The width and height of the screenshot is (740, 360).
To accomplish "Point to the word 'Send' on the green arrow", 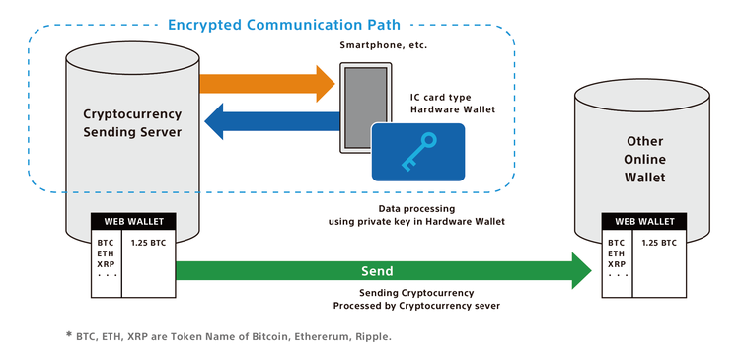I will coord(377,270).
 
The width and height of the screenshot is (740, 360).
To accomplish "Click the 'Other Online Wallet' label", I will coord(644,160).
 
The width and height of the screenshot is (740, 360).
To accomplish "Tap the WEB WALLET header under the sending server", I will coord(132,221).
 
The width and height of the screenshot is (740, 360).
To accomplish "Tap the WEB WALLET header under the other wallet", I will coord(644,221).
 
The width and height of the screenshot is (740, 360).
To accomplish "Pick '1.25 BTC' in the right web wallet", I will coord(658,241).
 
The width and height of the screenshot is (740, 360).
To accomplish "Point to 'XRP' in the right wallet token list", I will coord(617,264).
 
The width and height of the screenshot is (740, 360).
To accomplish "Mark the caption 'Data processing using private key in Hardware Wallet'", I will coord(415,215).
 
